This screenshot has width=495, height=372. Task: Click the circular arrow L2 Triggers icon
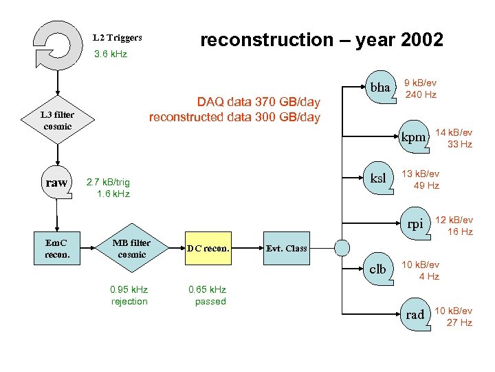(58, 41)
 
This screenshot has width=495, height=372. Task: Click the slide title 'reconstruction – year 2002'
(321, 40)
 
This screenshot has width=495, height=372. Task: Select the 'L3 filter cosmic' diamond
(58, 121)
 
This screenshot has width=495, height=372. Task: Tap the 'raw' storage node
(57, 183)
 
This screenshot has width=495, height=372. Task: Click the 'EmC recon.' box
(57, 248)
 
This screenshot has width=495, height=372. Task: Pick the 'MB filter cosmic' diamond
(132, 248)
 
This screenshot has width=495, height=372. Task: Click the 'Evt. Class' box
(286, 248)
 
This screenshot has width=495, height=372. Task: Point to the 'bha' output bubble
(380, 88)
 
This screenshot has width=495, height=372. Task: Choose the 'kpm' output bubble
(414, 137)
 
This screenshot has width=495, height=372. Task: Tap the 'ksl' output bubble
(379, 178)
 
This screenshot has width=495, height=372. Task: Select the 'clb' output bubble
(378, 269)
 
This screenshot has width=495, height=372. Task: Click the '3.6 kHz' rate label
(110, 54)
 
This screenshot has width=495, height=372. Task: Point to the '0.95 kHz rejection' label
(129, 296)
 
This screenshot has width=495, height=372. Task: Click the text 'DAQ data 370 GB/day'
(258, 102)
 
